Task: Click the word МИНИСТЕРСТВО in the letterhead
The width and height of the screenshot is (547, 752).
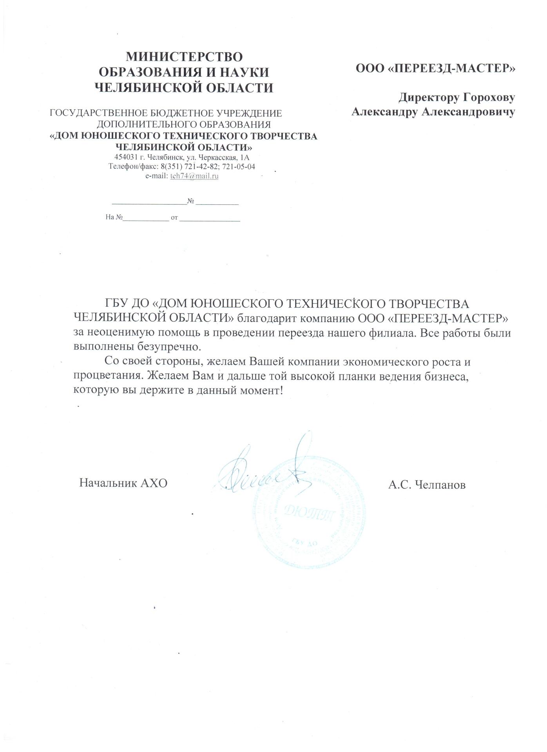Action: pyautogui.click(x=184, y=57)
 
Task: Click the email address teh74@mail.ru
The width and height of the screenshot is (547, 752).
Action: pyautogui.click(x=194, y=176)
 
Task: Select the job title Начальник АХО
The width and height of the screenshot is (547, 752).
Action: pyautogui.click(x=123, y=483)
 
